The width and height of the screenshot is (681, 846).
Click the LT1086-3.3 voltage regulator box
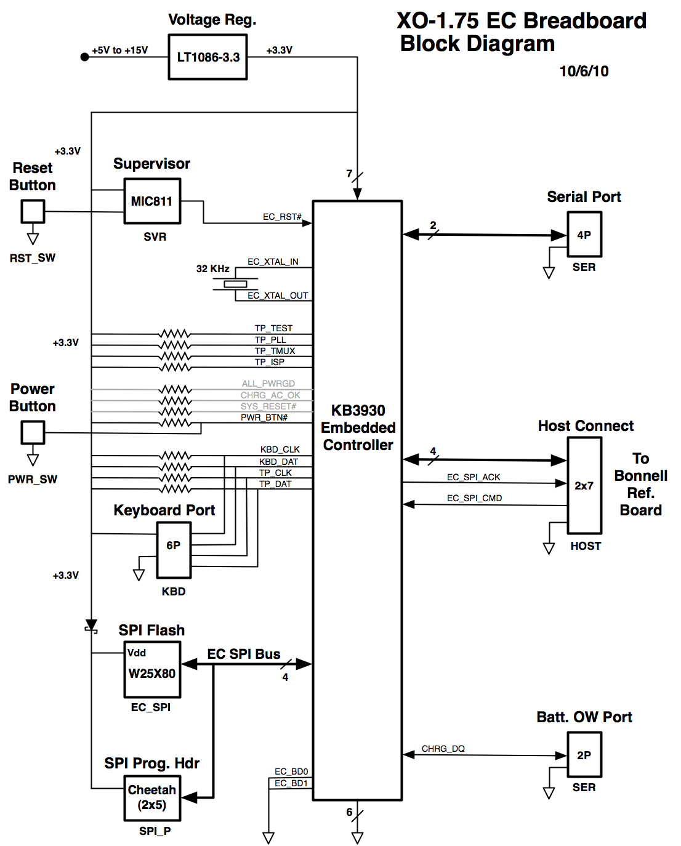tap(208, 57)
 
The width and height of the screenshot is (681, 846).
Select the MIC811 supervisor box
tap(152, 201)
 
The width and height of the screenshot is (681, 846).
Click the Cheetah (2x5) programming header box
tap(152, 797)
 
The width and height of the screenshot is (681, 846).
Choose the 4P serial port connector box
tap(584, 235)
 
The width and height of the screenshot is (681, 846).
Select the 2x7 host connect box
tap(584, 486)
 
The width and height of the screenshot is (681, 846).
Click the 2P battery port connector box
tap(584, 755)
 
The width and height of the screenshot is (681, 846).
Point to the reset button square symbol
tap(33, 212)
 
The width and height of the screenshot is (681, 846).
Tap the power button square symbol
tap(33, 432)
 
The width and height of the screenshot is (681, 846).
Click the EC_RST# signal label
tap(282, 217)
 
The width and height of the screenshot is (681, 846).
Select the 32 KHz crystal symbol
tap(235, 284)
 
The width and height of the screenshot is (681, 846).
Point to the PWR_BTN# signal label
tap(264, 417)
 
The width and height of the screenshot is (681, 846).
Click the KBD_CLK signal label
tap(280, 449)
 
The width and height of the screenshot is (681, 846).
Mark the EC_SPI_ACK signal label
tap(473, 477)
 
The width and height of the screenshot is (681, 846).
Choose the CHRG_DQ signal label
tap(443, 749)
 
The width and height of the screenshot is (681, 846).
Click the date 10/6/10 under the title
tap(584, 71)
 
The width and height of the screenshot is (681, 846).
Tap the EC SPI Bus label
tap(244, 654)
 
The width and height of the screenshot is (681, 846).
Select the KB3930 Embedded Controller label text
tap(358, 428)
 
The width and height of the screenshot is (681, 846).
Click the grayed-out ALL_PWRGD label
tap(268, 384)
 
